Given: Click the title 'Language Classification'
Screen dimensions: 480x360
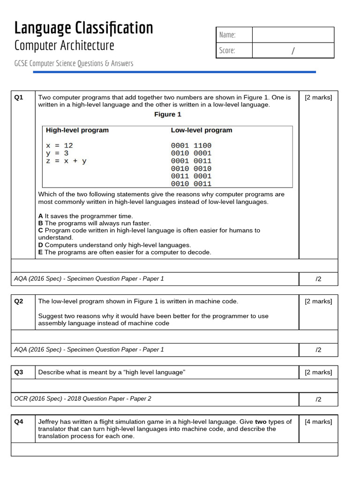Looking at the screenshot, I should (83, 28).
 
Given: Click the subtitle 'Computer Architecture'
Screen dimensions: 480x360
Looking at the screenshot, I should (64, 45).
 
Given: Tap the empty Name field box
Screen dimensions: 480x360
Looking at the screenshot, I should (293, 35).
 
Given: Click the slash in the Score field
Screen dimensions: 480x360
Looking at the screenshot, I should (293, 51).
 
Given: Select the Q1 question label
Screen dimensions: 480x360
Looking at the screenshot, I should (19, 97).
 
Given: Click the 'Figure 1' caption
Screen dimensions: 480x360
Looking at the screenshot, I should (168, 114).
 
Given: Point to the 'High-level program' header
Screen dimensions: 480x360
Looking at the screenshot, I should (77, 130).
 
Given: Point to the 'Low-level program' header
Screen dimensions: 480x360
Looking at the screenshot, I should (201, 130).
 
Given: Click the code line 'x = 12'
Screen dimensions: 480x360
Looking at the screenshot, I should (60, 145).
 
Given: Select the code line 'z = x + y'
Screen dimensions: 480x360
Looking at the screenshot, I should (66, 161).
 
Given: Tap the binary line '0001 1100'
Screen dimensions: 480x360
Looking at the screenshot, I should (191, 145).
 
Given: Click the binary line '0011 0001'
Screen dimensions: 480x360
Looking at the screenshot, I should (191, 176).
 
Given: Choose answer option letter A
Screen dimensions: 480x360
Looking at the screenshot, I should (40, 216).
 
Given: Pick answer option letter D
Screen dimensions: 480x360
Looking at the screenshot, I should (41, 245).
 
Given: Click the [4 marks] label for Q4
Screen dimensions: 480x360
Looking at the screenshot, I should (318, 421).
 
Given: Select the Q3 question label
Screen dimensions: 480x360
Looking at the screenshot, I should (19, 372).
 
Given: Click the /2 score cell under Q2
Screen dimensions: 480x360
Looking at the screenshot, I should (318, 350).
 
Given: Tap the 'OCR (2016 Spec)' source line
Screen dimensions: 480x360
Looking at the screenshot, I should (82, 398).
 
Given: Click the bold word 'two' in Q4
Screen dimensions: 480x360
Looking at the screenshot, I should (261, 421).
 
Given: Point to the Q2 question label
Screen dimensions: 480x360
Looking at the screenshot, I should (19, 301).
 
